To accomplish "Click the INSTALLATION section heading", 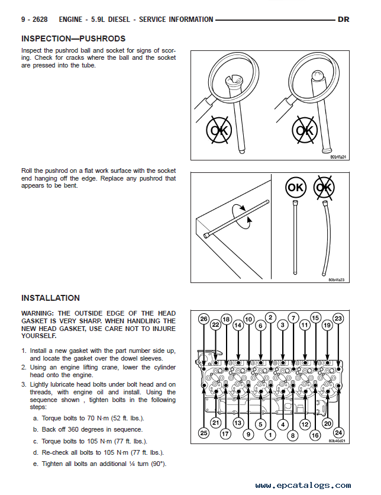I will tap(50, 298).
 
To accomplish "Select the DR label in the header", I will tap(343, 20).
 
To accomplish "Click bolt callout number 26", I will tap(204, 319).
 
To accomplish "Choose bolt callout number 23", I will tap(338, 319).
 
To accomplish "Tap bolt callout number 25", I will tap(204, 433).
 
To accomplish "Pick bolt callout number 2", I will tap(270, 317).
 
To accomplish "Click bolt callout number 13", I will tap(238, 423).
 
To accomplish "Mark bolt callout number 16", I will tap(315, 434).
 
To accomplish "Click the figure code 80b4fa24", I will tap(337, 157).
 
